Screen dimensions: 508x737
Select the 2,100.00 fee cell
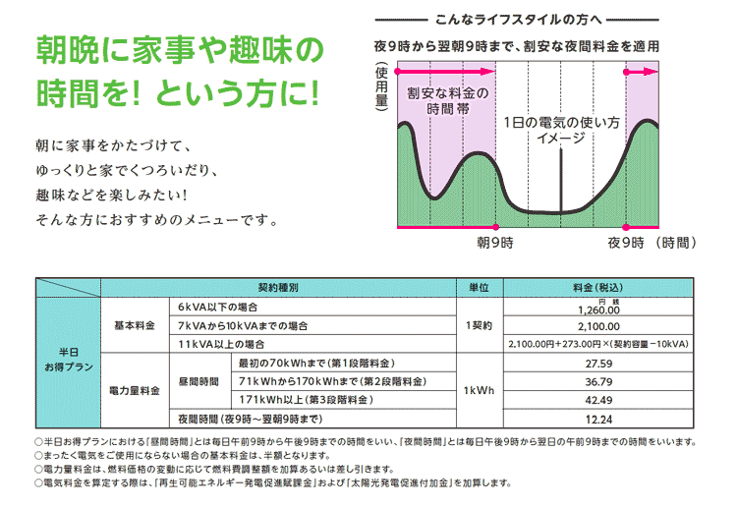tap(598, 326)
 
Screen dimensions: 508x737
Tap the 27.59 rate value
tap(598, 363)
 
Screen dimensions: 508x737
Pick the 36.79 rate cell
tap(598, 381)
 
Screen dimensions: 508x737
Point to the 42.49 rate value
tap(598, 399)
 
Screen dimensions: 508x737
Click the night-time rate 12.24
tap(598, 418)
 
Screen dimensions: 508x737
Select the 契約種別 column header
tap(278, 288)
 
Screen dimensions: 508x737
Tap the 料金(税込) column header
tap(598, 288)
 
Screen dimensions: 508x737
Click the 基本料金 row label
tap(134, 326)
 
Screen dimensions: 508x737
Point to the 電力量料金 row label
tap(134, 390)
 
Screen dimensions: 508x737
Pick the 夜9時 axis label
tap(625, 241)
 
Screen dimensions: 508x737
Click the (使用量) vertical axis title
tap(380, 85)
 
